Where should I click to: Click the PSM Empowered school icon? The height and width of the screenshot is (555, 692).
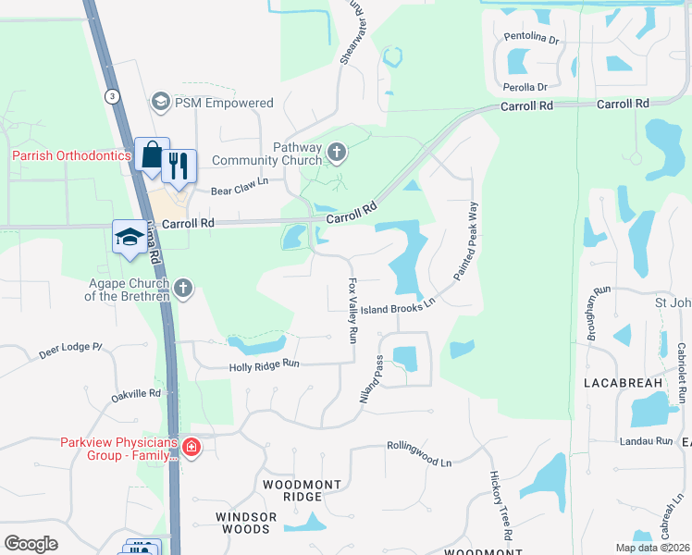(161, 102)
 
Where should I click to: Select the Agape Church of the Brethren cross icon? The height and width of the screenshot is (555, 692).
(183, 288)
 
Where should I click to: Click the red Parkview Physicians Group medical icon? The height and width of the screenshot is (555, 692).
(192, 449)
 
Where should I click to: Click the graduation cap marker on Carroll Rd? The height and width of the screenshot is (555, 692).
(129, 237)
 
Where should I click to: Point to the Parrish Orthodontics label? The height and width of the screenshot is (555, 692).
(71, 155)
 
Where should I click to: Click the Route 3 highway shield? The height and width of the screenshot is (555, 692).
(112, 95)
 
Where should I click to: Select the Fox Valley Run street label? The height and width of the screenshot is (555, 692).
(352, 311)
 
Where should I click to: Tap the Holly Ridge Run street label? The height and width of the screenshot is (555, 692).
(265, 366)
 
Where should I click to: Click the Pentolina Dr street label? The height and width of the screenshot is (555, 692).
(532, 40)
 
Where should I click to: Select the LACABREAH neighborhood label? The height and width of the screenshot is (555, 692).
(623, 382)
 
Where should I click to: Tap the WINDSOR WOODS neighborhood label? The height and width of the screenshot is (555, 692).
(243, 523)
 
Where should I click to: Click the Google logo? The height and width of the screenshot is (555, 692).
(31, 544)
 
